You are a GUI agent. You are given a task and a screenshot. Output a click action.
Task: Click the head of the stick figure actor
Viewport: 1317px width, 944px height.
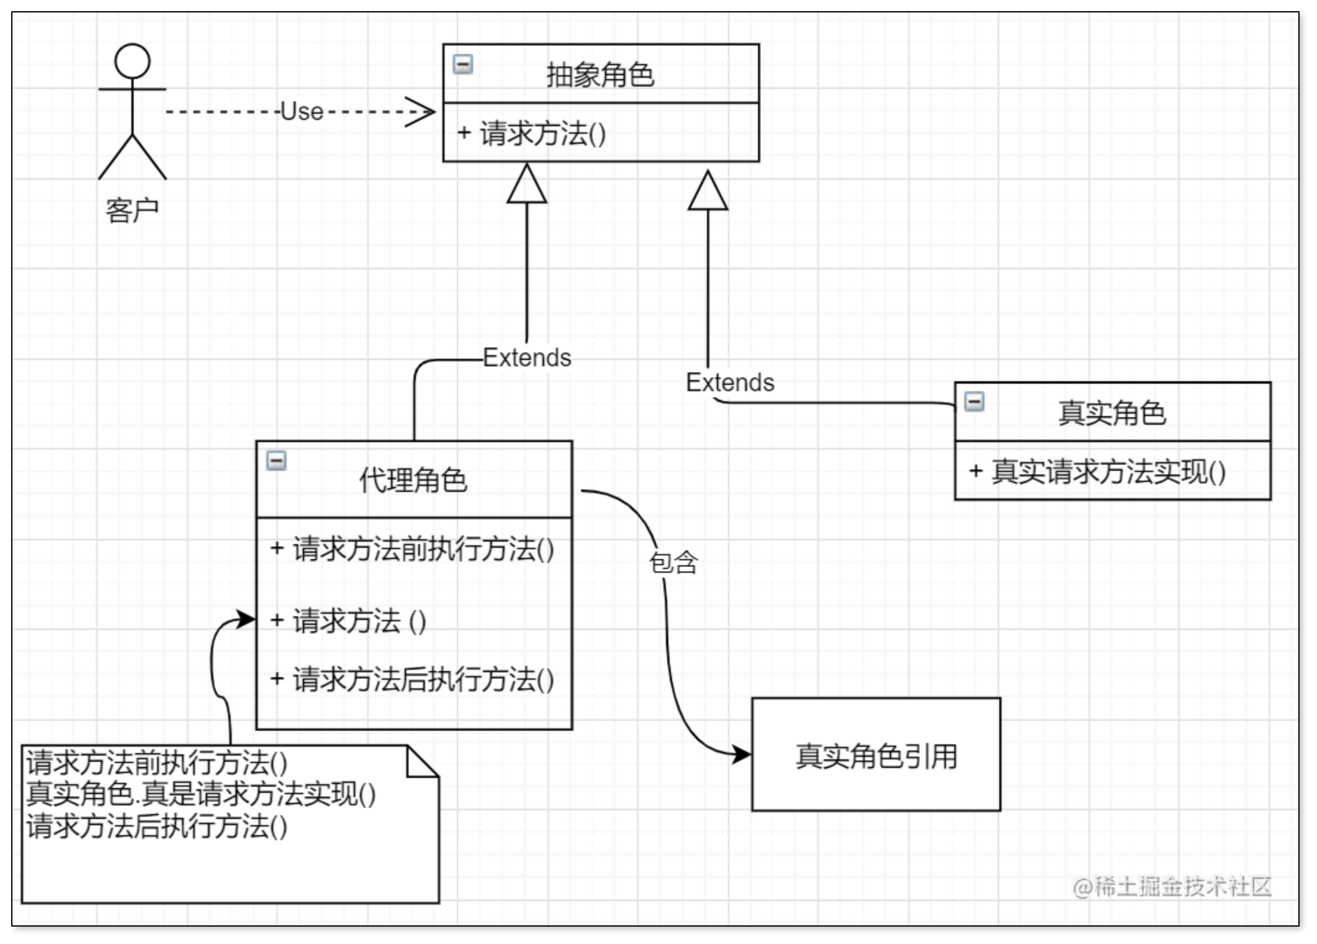tap(132, 61)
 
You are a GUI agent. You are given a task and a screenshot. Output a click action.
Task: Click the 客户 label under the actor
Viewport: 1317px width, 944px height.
tap(132, 210)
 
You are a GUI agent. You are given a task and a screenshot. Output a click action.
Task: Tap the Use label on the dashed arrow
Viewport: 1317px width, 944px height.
tap(302, 112)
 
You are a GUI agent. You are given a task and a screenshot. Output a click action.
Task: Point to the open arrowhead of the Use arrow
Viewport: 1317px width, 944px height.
tap(423, 113)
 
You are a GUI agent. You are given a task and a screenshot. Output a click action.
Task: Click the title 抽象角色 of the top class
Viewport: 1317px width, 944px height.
tap(600, 75)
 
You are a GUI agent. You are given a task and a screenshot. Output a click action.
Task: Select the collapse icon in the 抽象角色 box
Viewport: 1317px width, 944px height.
tap(463, 64)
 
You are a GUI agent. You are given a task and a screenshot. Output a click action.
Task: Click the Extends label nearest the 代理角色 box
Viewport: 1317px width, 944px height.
tap(527, 358)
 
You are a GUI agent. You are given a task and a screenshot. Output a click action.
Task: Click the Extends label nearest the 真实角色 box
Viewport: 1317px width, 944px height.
tap(730, 382)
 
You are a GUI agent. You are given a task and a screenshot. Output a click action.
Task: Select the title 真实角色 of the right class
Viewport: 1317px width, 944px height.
tap(1112, 413)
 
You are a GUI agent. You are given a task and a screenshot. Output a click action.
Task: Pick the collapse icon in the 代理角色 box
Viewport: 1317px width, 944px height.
tap(276, 461)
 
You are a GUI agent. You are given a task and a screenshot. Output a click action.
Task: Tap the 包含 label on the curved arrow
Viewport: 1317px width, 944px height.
tap(673, 563)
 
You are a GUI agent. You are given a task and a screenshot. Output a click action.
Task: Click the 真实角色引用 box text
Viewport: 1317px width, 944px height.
tap(876, 756)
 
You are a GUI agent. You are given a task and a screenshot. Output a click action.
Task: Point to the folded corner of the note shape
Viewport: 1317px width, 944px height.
tap(422, 763)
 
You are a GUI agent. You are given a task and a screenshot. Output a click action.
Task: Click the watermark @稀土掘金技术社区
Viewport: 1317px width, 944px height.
tap(1172, 887)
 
